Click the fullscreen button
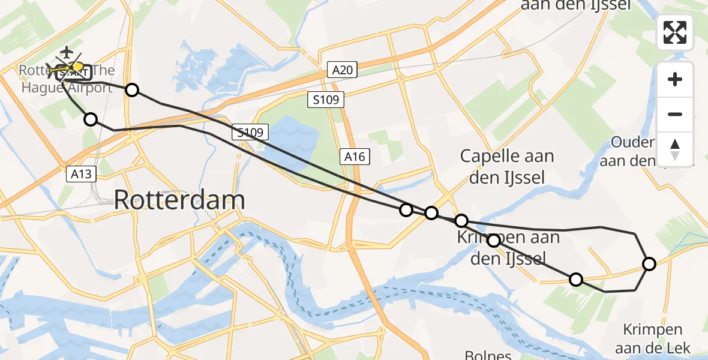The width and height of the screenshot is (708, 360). point(675,32)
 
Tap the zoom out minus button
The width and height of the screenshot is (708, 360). point(675,114)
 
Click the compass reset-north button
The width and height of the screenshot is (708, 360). point(675,149)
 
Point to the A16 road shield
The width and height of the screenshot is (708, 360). point(355,157)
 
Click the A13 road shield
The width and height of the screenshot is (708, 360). point(80,174)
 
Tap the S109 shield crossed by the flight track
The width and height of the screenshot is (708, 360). point(248,132)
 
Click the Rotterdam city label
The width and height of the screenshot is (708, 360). point(179,200)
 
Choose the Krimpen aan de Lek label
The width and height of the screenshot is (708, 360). point(652,338)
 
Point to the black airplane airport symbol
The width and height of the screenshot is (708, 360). point(66,52)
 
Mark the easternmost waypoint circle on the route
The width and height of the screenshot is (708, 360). point(649,263)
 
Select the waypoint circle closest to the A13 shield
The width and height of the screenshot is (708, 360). point(91,119)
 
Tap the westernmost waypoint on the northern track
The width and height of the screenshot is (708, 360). point(132,90)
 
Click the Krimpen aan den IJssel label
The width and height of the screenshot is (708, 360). point(508,248)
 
